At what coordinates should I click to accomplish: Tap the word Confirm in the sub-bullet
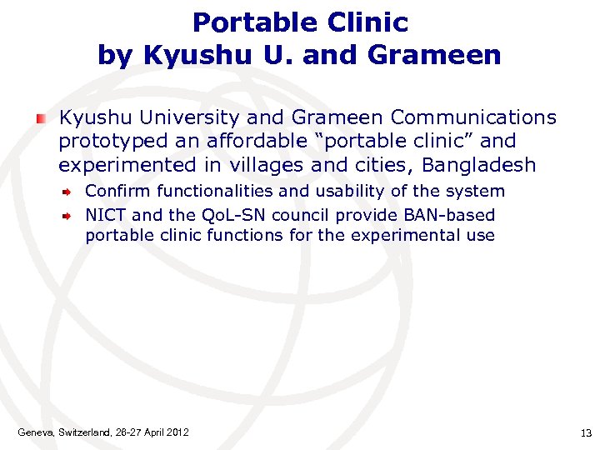pyautogui.click(x=116, y=191)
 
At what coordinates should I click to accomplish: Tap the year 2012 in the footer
pyautogui.click(x=177, y=432)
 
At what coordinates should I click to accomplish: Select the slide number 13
pyautogui.click(x=584, y=432)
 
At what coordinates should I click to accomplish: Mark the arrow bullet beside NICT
pyautogui.click(x=72, y=215)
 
